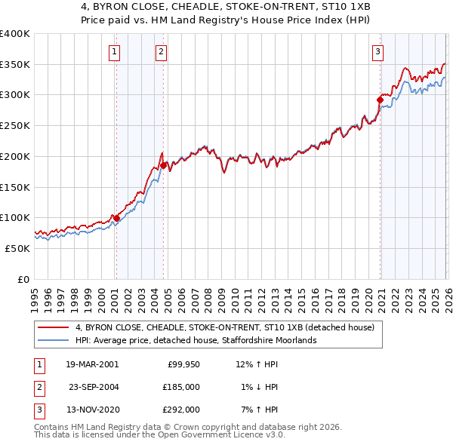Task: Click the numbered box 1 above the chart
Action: (x=114, y=52)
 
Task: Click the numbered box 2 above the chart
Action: (x=161, y=52)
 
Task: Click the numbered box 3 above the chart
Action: (x=377, y=52)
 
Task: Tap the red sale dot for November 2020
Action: (x=380, y=99)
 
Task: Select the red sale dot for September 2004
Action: (x=165, y=164)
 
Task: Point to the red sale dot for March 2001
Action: (x=116, y=217)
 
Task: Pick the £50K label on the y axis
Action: (x=17, y=248)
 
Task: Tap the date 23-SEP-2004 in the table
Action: (x=94, y=387)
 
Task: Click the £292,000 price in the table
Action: (x=180, y=410)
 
